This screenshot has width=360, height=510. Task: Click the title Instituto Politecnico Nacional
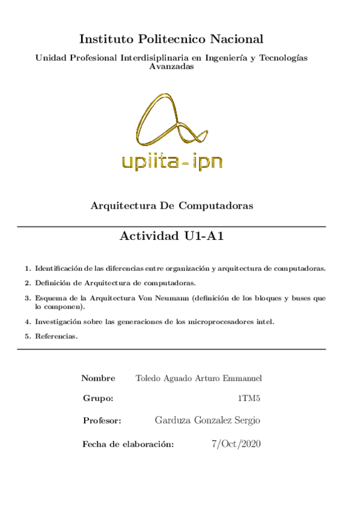[x=171, y=40]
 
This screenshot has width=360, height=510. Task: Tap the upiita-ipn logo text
[x=171, y=160]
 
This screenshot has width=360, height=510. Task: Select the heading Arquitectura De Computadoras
[x=171, y=206]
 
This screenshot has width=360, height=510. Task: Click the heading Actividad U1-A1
[x=171, y=236]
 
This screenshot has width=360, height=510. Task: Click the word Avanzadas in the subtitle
[x=171, y=67]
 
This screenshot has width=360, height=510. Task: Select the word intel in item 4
[x=264, y=322]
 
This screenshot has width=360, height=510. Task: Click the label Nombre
[x=98, y=378]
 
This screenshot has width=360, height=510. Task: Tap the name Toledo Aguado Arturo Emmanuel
[x=199, y=378]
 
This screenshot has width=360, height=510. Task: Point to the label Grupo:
[x=98, y=399]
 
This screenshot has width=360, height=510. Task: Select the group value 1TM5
[x=249, y=399]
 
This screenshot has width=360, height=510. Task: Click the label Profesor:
[x=102, y=420]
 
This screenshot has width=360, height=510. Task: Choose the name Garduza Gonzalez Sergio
[x=207, y=420]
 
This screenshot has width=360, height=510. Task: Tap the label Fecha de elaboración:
[x=128, y=444]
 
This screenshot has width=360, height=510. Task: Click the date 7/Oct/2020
[x=236, y=444]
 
